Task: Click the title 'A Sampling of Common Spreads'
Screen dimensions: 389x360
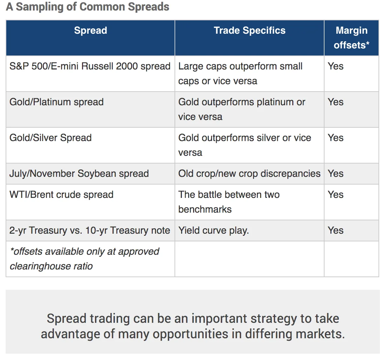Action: point(88,7)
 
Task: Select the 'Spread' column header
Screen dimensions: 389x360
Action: point(90,31)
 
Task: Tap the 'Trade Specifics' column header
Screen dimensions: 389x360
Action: point(250,31)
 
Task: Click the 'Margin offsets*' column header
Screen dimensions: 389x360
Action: point(352,38)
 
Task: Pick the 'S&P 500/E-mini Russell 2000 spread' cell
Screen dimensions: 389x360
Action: point(90,66)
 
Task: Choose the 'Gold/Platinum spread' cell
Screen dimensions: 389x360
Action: point(56,102)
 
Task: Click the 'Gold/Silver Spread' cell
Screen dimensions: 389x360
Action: point(50,138)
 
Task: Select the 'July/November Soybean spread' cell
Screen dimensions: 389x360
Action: point(79,174)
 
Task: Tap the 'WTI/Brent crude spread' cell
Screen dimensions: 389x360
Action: point(62,195)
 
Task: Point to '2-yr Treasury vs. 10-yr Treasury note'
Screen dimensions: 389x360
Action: point(90,231)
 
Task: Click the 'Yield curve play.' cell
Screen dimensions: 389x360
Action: point(214,231)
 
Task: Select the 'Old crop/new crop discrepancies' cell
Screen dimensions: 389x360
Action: point(249,174)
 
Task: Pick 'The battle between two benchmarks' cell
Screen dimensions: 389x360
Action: point(229,202)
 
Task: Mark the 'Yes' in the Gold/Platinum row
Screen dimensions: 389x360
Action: point(336,102)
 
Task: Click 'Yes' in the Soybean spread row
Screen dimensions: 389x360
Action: point(336,174)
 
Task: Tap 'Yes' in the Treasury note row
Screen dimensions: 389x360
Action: point(336,231)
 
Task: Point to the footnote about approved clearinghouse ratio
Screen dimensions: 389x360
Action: point(84,259)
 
